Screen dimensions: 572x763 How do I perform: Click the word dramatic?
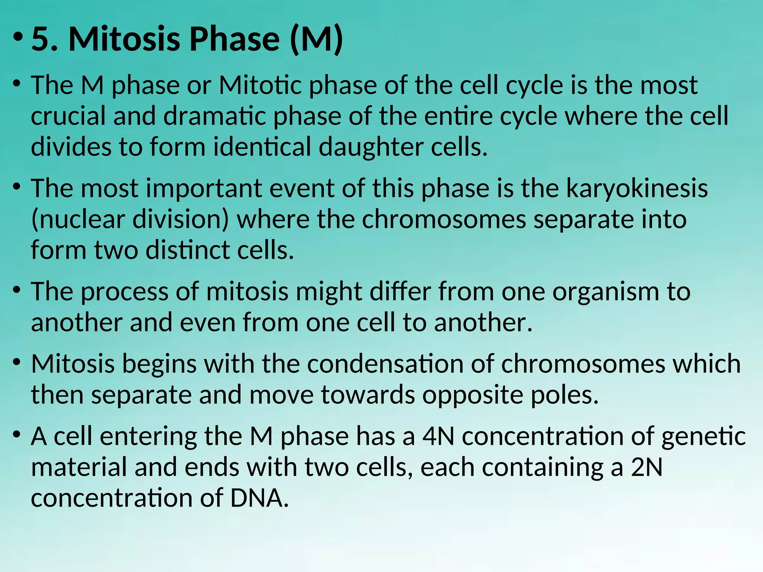tap(215, 116)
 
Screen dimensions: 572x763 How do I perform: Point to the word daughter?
tap(371, 147)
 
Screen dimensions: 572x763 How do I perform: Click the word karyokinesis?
tap(637, 188)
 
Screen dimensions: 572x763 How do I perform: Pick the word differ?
tap(400, 292)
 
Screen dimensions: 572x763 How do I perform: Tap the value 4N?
tap(438, 436)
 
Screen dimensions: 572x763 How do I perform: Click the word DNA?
tap(259, 498)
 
